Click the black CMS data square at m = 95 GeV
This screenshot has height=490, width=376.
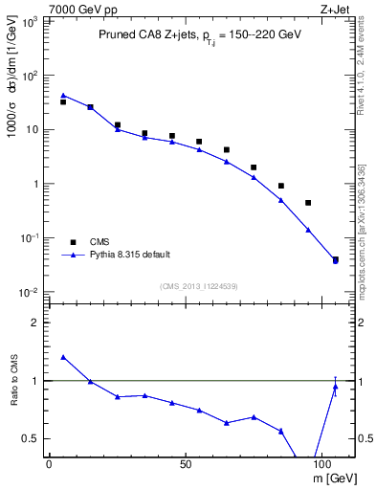(x=308, y=203)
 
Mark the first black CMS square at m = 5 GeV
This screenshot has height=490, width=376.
(x=63, y=101)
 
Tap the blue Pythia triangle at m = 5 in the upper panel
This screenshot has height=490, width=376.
(x=63, y=95)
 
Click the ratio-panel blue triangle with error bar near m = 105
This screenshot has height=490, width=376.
(x=335, y=387)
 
